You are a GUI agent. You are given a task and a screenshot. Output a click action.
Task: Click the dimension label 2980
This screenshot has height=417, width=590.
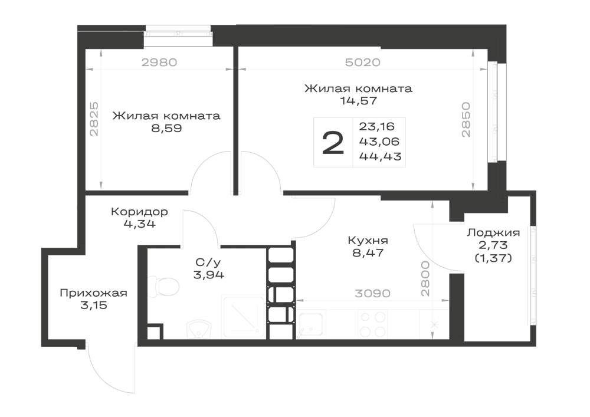pos(159,62)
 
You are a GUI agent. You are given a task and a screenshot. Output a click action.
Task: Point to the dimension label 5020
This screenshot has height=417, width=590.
pos(363,62)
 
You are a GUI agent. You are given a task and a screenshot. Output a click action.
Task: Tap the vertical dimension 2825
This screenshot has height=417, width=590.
pos(94,119)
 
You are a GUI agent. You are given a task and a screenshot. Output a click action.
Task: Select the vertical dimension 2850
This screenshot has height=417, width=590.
pos(466,120)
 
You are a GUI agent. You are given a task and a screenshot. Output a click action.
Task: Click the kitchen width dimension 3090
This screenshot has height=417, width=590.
pos(372,293)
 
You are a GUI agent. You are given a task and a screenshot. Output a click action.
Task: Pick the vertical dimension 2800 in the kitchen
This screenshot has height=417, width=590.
pos(425,279)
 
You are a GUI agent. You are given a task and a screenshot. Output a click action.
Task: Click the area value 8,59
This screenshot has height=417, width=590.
pos(167,128)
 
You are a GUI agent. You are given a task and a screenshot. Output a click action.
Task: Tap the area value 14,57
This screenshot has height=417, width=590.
pos(359,101)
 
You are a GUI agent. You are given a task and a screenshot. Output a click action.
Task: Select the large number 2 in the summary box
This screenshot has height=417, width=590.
pos(333,143)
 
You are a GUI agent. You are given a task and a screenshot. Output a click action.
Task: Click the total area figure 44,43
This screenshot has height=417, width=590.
pos(381,156)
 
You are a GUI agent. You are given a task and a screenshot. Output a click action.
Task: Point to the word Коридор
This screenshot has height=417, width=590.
pos(140,212)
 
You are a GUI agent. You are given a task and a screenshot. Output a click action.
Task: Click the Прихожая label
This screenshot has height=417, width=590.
pos(94,293)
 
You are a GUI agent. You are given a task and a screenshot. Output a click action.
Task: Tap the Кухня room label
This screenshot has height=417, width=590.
pos(368,240)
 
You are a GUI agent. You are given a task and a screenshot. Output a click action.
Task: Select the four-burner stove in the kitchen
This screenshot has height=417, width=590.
pos(372,324)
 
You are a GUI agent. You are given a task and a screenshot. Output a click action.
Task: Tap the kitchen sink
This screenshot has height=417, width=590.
pos(311,324)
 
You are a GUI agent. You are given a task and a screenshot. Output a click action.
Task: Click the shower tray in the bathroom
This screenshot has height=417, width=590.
pos(244,317)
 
